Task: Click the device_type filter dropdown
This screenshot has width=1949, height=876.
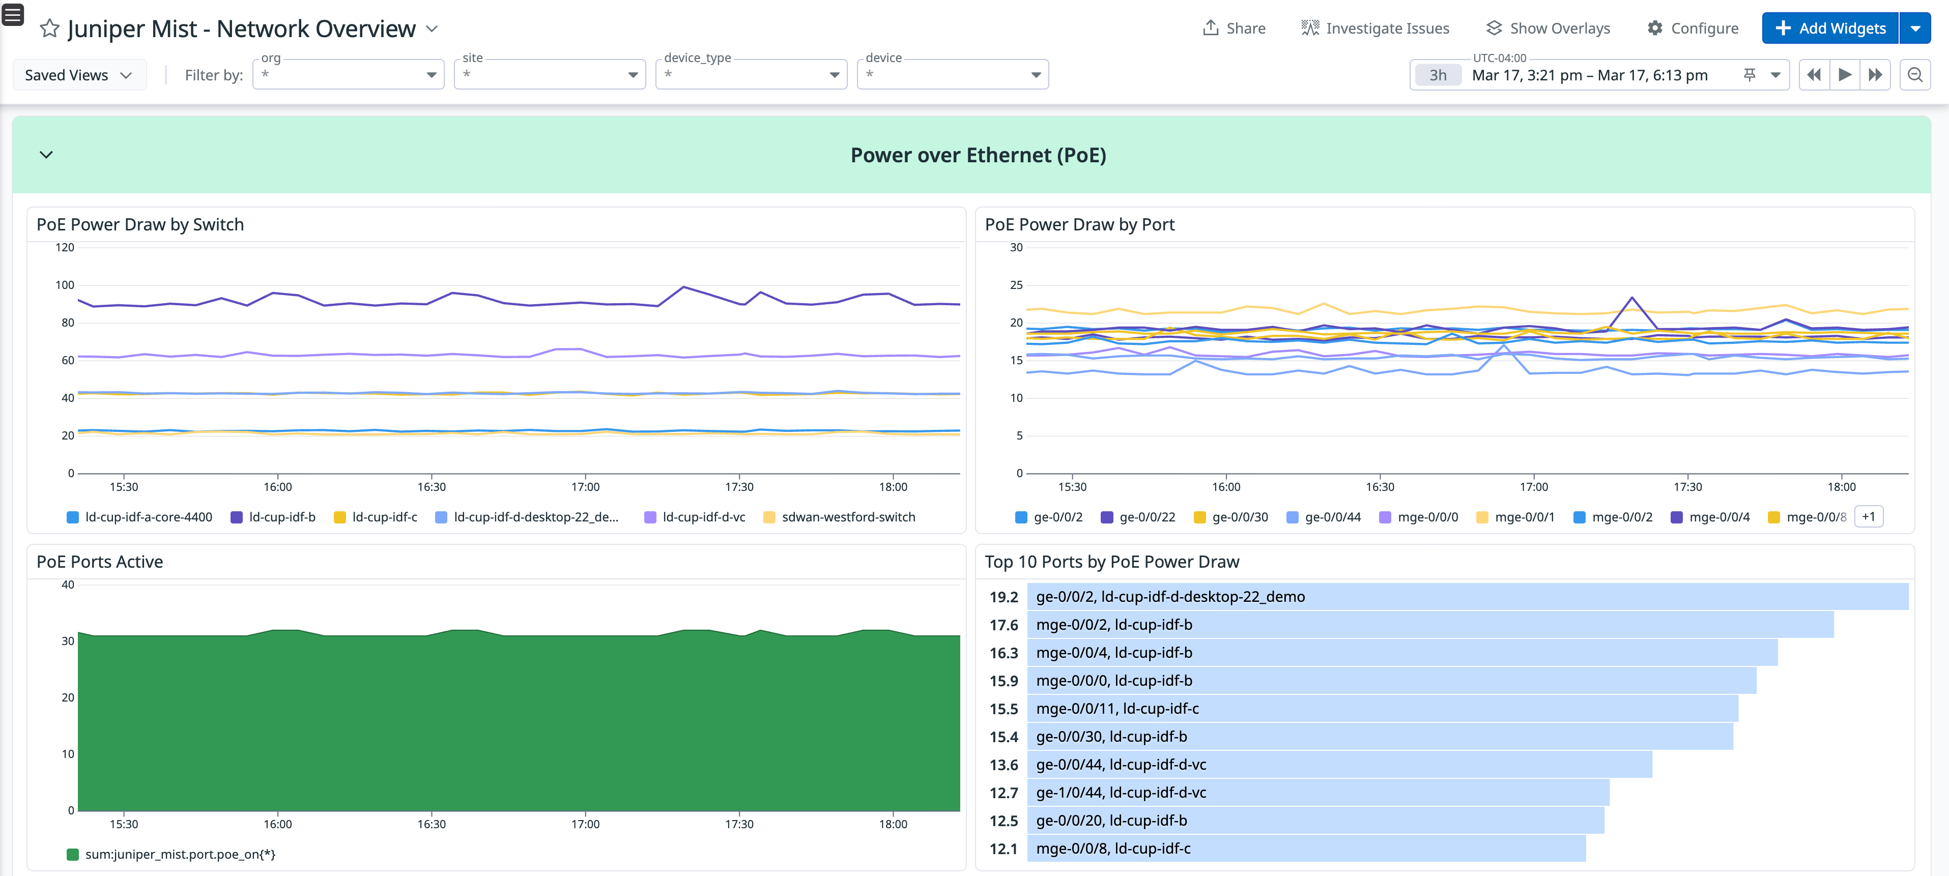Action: click(x=751, y=75)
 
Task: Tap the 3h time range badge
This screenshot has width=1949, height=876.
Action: click(x=1438, y=75)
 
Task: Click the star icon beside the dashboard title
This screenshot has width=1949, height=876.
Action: click(x=49, y=29)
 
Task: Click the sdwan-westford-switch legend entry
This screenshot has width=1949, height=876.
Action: click(x=847, y=517)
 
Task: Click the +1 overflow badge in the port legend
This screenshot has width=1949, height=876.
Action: click(x=1868, y=517)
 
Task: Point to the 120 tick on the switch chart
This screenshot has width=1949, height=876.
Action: click(x=65, y=247)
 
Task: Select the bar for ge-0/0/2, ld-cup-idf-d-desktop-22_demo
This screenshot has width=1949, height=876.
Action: click(x=1466, y=597)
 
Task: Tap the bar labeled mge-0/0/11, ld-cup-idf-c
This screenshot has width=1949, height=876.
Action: click(x=1382, y=709)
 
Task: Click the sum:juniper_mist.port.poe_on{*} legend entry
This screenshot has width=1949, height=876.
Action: click(x=179, y=855)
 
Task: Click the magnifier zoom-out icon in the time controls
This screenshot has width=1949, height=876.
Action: click(x=1914, y=75)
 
